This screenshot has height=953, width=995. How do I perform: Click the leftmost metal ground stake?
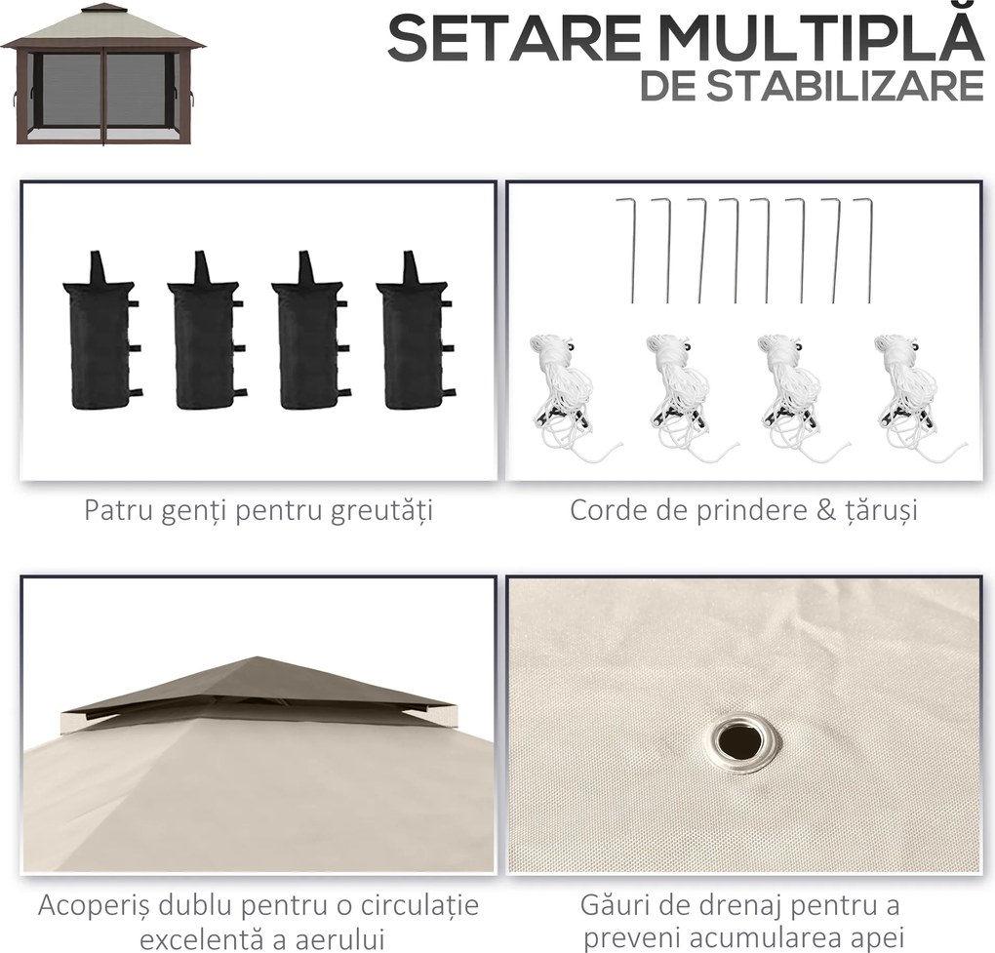tap(630, 250)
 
